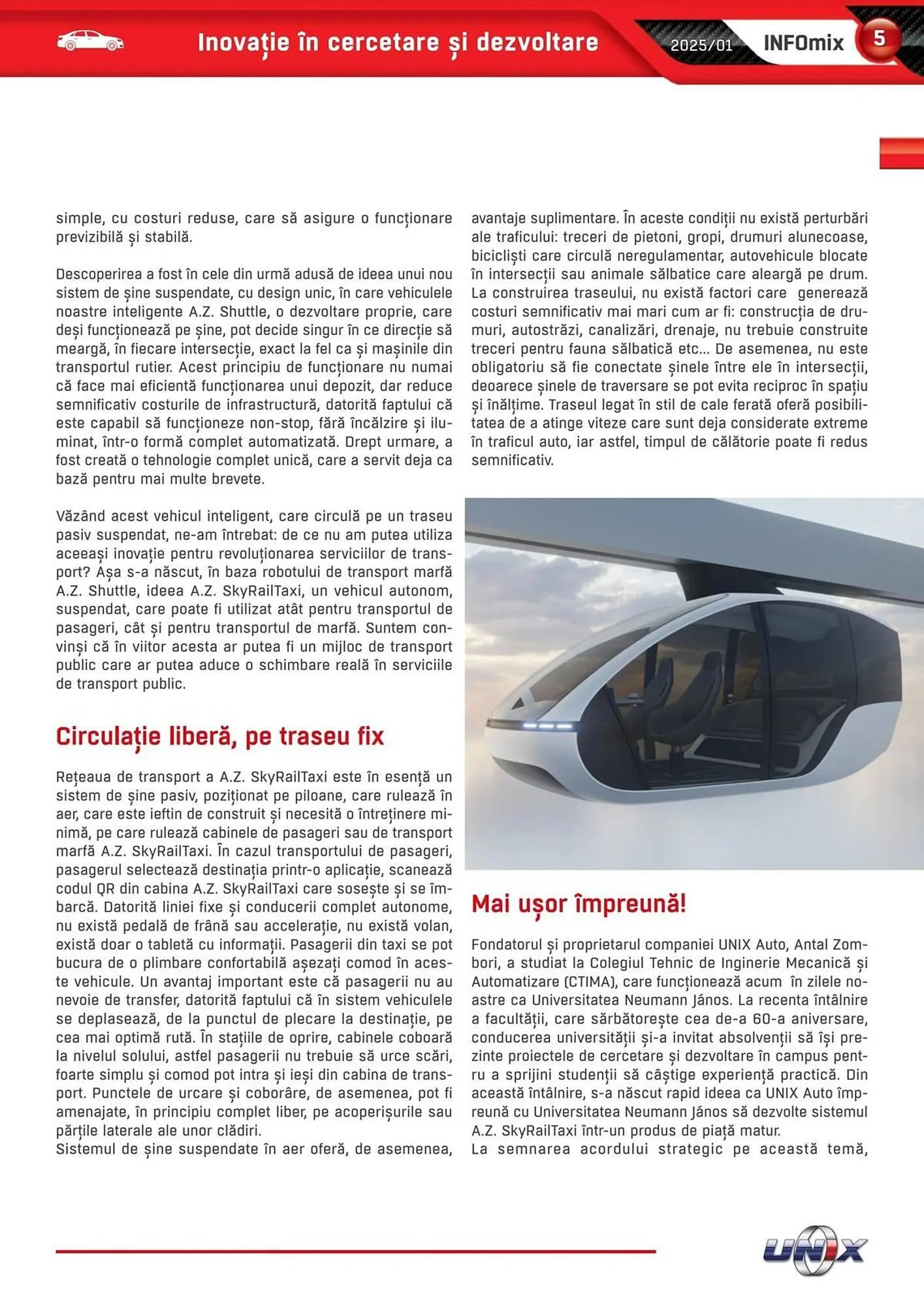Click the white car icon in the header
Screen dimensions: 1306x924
(x=90, y=41)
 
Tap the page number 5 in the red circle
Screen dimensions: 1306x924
(x=880, y=39)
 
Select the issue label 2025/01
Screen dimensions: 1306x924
(x=701, y=45)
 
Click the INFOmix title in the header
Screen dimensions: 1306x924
(x=803, y=43)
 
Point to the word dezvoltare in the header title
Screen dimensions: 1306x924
(x=537, y=42)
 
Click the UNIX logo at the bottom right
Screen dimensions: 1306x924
(x=815, y=1250)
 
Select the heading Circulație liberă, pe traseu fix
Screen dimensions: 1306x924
(x=219, y=736)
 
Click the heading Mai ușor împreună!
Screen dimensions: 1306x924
(x=578, y=904)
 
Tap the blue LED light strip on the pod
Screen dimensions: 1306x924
(x=547, y=725)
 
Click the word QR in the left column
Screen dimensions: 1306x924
(x=105, y=889)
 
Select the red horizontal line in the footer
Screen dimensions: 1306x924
(x=355, y=1251)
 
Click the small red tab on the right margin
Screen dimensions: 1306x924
(x=901, y=153)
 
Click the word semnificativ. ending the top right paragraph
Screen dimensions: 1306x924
(x=512, y=460)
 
